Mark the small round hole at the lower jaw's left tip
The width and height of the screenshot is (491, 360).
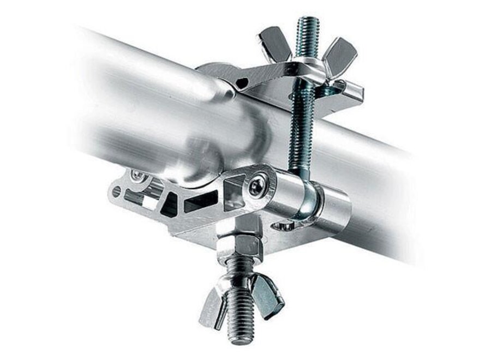pos(117,192)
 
